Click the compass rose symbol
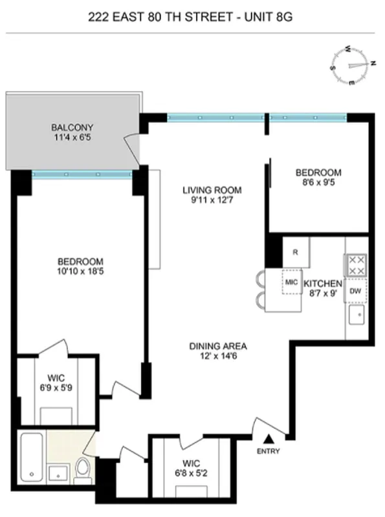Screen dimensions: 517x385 click(x=353, y=65)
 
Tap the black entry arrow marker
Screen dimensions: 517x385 click(x=268, y=439)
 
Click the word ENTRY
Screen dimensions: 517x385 click(x=268, y=451)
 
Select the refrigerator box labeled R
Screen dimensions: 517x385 click(x=296, y=252)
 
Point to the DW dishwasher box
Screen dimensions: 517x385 click(x=355, y=291)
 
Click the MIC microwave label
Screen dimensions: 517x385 click(x=290, y=283)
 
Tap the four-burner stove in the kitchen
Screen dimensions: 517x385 click(x=356, y=264)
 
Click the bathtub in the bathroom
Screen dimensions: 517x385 click(x=30, y=458)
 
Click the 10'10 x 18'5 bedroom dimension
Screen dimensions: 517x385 click(x=80, y=271)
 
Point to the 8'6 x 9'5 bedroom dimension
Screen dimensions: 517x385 click(x=318, y=182)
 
